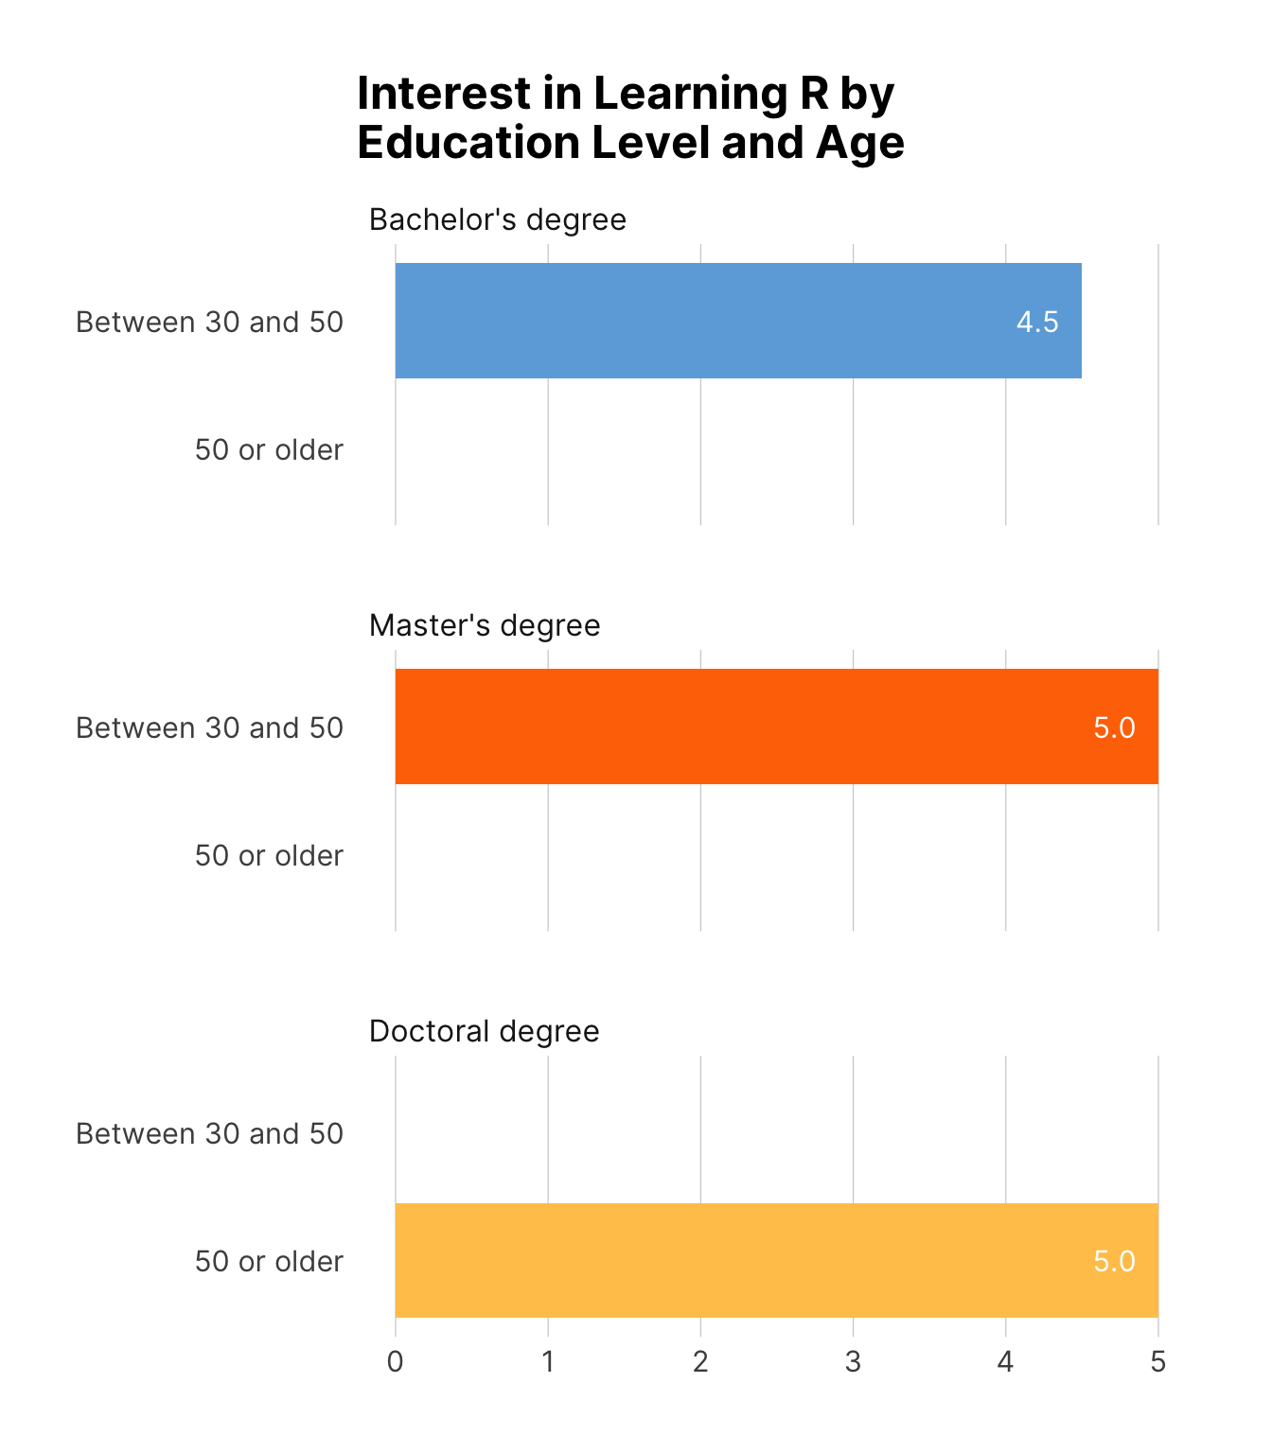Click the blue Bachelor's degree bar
pyautogui.click(x=738, y=321)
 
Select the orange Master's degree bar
pyautogui.click(x=776, y=726)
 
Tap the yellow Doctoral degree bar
pyautogui.click(x=776, y=1260)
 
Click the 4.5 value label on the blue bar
pyautogui.click(x=1037, y=323)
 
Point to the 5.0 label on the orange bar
pyautogui.click(x=1114, y=727)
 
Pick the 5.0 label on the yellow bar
pyautogui.click(x=1114, y=1261)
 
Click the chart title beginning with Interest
pyautogui.click(x=630, y=118)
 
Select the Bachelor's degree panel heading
pyautogui.click(x=498, y=219)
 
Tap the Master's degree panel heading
pyautogui.click(x=485, y=625)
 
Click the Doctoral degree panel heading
pyautogui.click(x=485, y=1030)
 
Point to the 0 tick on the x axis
pyautogui.click(x=396, y=1361)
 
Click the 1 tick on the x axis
pyautogui.click(x=548, y=1361)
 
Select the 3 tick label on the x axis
pyautogui.click(x=853, y=1361)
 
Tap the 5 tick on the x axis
pyautogui.click(x=1157, y=1361)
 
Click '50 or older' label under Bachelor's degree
pyautogui.click(x=269, y=449)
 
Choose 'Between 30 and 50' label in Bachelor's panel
pyautogui.click(x=209, y=323)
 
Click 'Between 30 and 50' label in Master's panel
pyautogui.click(x=209, y=727)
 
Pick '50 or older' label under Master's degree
pyautogui.click(x=269, y=855)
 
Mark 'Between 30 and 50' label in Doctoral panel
pyautogui.click(x=209, y=1133)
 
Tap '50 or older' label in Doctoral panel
pyautogui.click(x=269, y=1261)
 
